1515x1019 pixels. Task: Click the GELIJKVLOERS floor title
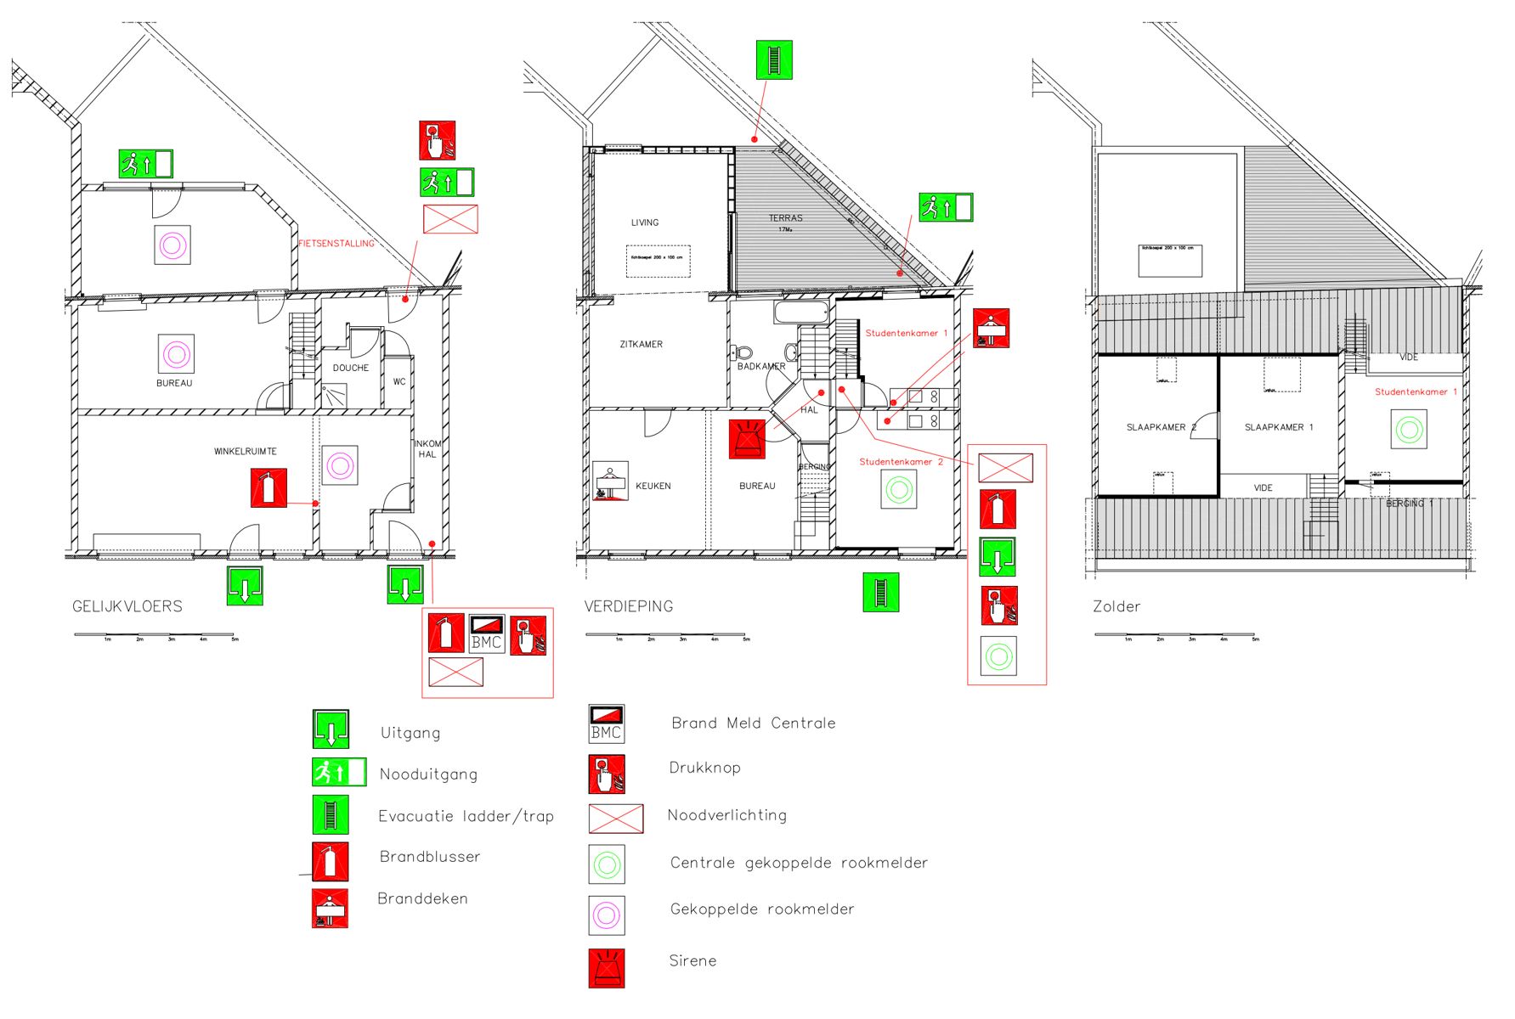pos(127,606)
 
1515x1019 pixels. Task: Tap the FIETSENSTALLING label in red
pos(336,244)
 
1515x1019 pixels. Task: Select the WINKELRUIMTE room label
pos(245,452)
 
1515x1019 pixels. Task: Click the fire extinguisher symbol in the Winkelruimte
pos(269,488)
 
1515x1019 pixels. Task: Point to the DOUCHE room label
pos(351,368)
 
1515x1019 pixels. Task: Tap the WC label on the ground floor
pos(399,382)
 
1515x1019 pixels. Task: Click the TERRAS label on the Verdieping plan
pos(785,218)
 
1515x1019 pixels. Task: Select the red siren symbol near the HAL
pos(747,439)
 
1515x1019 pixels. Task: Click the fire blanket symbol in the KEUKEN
pos(611,481)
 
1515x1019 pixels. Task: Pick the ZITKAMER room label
pos(641,345)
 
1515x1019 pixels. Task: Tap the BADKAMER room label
pos(760,367)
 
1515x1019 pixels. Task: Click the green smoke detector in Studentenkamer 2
pos(899,490)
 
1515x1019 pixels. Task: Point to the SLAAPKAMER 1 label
pos(1278,427)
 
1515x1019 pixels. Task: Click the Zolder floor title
pos(1116,606)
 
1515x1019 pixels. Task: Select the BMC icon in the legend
pos(607,723)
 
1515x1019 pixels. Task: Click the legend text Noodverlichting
pos(726,815)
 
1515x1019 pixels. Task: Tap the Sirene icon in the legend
pos(607,968)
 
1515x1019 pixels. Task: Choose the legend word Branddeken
pos(422,898)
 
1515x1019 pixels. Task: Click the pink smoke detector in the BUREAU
pos(176,353)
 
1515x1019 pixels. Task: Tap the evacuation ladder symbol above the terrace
pos(774,60)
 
